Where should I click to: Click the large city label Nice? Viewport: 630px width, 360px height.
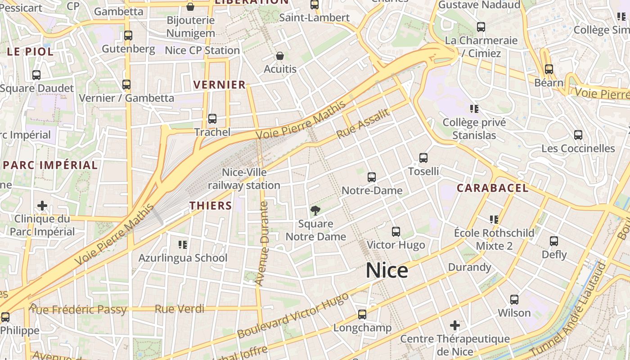(x=387, y=270)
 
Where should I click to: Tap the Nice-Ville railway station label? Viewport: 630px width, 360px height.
(x=244, y=179)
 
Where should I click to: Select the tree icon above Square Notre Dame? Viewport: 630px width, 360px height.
(x=315, y=210)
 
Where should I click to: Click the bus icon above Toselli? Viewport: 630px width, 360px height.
(x=423, y=158)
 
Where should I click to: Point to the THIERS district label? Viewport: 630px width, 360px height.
(x=211, y=206)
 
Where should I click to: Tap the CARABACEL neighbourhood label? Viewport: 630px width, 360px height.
(x=493, y=188)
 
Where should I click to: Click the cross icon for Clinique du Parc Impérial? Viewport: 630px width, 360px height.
(x=42, y=206)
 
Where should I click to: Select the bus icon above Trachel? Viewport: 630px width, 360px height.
(x=212, y=119)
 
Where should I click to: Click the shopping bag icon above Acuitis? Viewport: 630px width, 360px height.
(x=280, y=56)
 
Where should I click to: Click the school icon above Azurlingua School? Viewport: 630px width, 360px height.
(x=182, y=245)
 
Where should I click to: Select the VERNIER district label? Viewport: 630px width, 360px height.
(x=220, y=85)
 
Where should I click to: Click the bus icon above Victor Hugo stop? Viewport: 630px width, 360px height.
(x=396, y=232)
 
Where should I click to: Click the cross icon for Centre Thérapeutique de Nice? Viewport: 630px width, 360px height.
(x=455, y=325)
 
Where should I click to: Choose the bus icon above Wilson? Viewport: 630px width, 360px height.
(x=514, y=300)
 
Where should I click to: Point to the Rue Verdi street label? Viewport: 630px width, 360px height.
(x=179, y=309)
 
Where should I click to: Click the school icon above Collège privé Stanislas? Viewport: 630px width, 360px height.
(x=474, y=108)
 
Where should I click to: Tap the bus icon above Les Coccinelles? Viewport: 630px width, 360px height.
(x=578, y=135)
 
